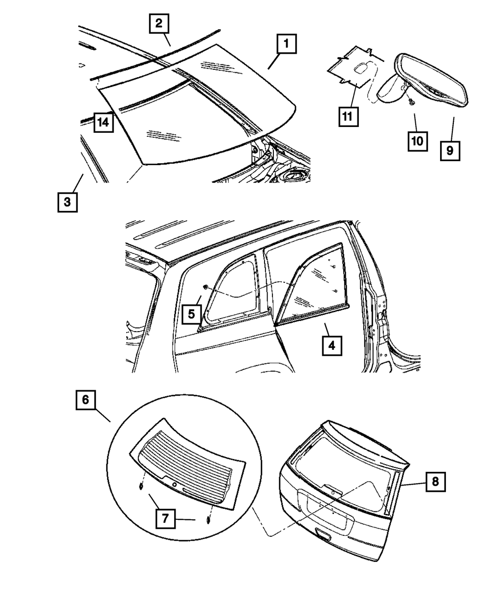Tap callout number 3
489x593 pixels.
(x=67, y=201)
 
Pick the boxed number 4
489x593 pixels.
(x=331, y=346)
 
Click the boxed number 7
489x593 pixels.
(x=165, y=519)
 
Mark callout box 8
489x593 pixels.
(x=434, y=481)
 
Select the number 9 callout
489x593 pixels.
(x=449, y=150)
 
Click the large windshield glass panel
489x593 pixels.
(x=205, y=107)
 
